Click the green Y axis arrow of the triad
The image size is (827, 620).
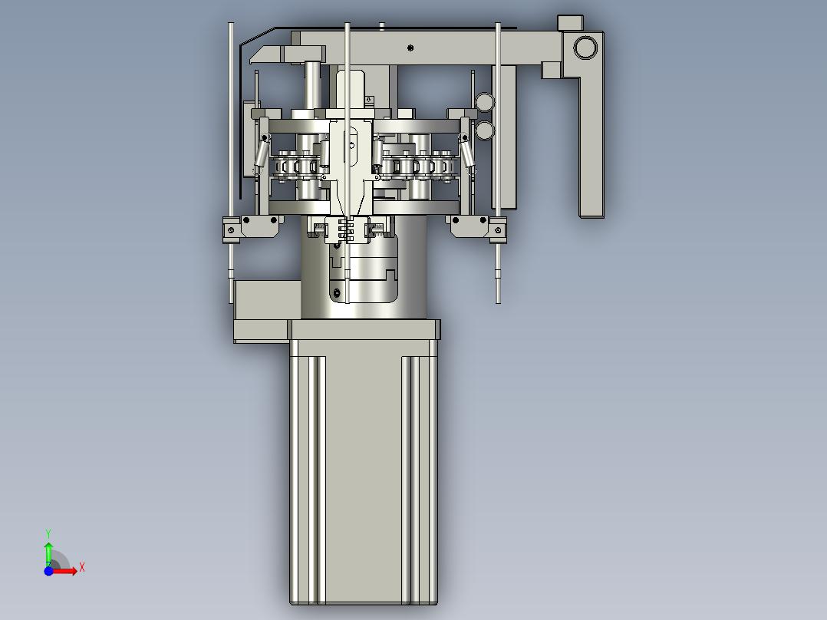click(x=48, y=551)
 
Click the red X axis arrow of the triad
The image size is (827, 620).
click(x=68, y=571)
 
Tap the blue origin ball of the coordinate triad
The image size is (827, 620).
click(x=48, y=571)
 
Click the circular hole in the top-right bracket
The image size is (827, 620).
click(x=585, y=47)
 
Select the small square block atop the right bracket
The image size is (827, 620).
click(x=570, y=22)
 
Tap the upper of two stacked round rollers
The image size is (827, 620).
click(x=484, y=101)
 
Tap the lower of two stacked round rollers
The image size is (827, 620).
click(x=484, y=130)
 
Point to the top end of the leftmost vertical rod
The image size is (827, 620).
click(x=231, y=25)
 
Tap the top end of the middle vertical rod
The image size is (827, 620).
click(x=348, y=26)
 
